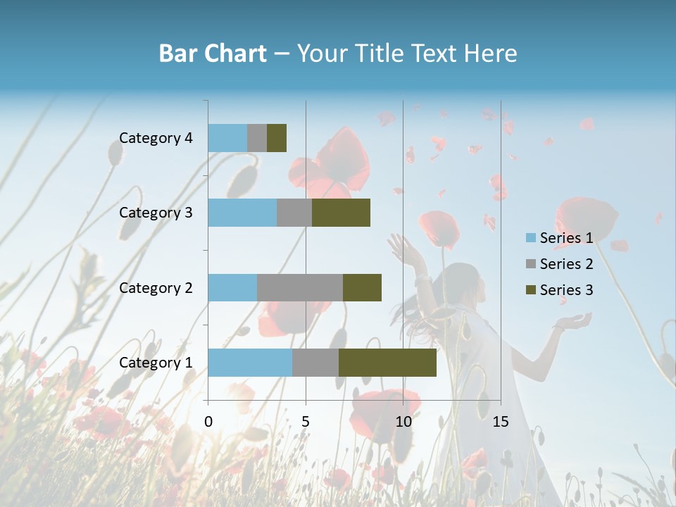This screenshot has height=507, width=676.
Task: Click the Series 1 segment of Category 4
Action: [x=227, y=138]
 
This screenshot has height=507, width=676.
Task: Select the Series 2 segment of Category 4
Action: [x=257, y=138]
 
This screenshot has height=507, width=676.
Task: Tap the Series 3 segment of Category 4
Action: [x=277, y=138]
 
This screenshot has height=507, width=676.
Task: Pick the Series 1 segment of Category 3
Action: [x=242, y=213]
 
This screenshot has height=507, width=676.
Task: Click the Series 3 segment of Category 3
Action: [x=341, y=213]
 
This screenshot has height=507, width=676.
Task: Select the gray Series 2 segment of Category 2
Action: [x=300, y=287]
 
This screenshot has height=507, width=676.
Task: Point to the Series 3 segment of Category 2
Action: [x=362, y=287]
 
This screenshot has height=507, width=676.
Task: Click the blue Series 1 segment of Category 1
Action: [x=250, y=363]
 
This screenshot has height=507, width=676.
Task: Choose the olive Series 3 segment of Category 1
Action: [x=387, y=363]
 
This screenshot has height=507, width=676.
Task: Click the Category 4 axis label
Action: [x=156, y=138]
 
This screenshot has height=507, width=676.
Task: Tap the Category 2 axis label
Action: [x=156, y=288]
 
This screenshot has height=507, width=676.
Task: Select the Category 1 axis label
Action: [x=156, y=363]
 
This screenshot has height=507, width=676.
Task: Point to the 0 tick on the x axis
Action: [x=208, y=422]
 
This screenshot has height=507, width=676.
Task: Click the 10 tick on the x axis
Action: [x=403, y=422]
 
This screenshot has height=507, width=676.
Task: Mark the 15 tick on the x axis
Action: [x=500, y=422]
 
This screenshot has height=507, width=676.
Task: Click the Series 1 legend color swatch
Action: [x=530, y=238]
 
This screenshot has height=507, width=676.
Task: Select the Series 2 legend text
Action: [x=566, y=264]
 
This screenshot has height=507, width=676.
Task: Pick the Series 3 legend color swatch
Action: [x=530, y=290]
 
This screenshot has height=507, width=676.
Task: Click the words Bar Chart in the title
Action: [x=213, y=54]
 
